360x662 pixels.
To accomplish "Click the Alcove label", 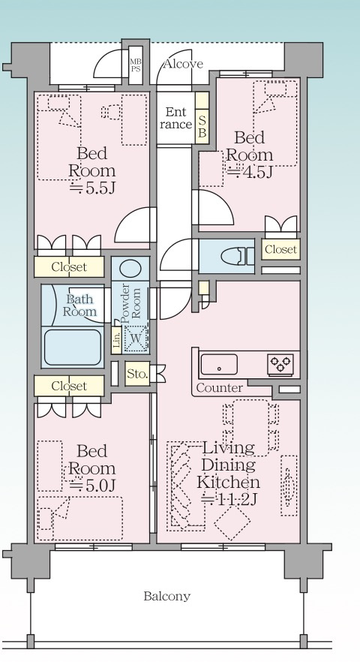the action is pyautogui.click(x=183, y=65).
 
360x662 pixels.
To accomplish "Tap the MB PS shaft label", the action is pyautogui.click(x=136, y=65).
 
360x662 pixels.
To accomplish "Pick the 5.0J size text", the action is pyautogui.click(x=92, y=486).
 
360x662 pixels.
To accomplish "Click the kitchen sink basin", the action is pyautogui.click(x=219, y=365).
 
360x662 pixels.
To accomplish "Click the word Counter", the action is pyautogui.click(x=220, y=388).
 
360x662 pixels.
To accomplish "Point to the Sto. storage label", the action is pyautogui.click(x=137, y=374).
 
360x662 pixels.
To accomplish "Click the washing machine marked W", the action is pyautogui.click(x=136, y=339).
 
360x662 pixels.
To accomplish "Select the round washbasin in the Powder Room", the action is pyautogui.click(x=130, y=268).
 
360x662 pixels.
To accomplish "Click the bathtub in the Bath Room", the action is pyautogui.click(x=72, y=347).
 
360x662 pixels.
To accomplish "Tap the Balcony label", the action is pyautogui.click(x=166, y=596).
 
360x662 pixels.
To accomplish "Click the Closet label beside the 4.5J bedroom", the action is pyautogui.click(x=281, y=249).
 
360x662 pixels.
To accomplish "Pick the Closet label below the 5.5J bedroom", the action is pyautogui.click(x=69, y=267).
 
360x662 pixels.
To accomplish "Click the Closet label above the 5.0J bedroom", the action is pyautogui.click(x=69, y=386).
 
